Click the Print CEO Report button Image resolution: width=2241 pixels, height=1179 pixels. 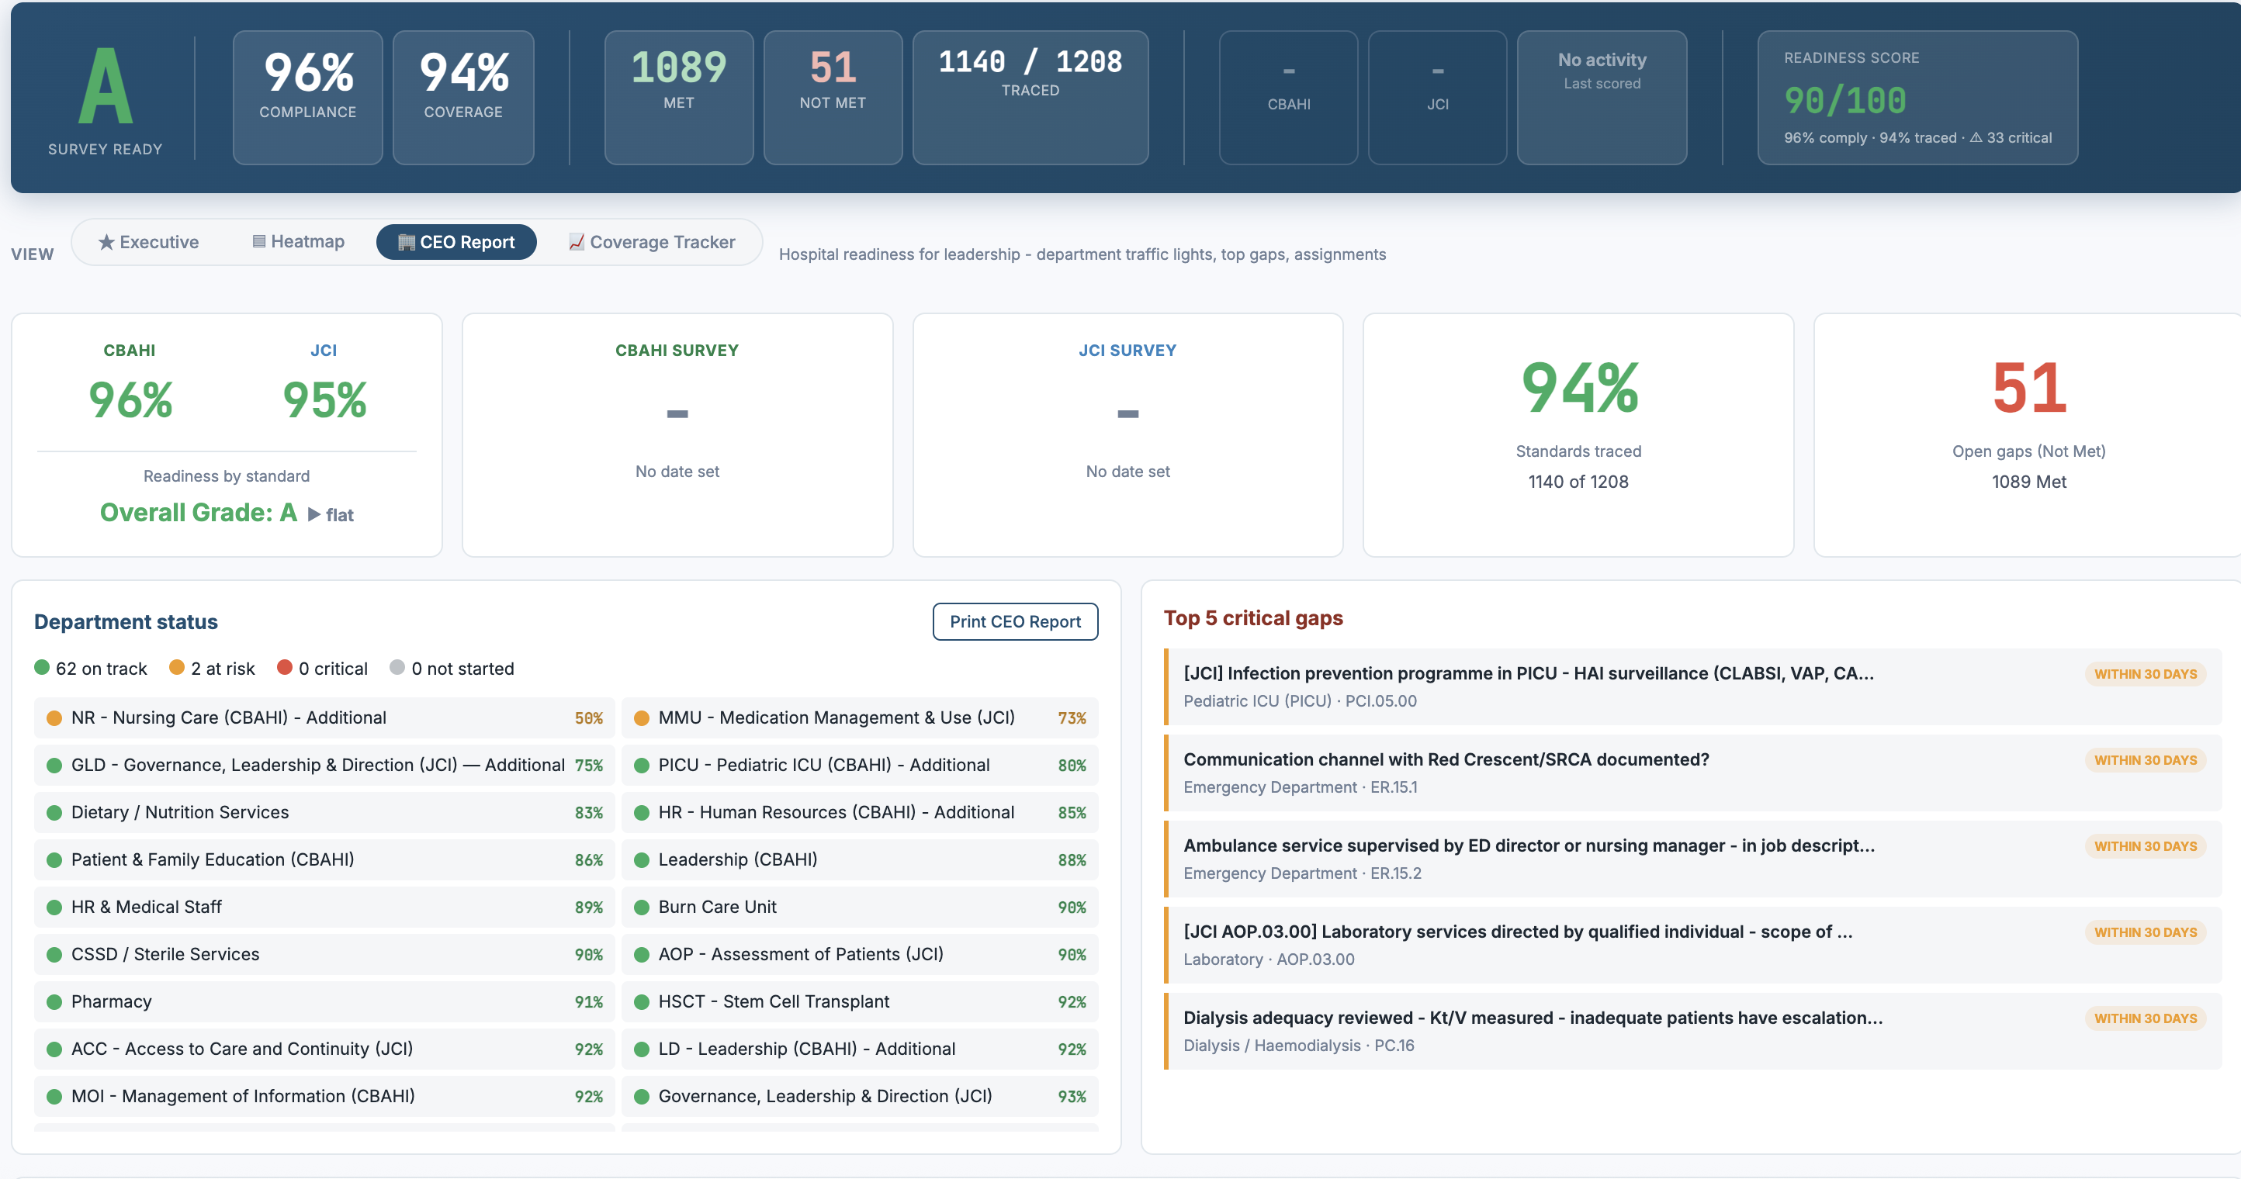pyautogui.click(x=1014, y=621)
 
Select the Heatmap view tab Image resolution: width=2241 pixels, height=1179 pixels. pyautogui.click(x=299, y=242)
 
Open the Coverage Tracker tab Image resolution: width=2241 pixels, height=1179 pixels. pyautogui.click(x=652, y=242)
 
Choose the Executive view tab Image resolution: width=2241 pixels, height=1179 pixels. pyautogui.click(x=149, y=242)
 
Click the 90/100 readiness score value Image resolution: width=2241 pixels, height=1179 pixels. pyautogui.click(x=1844, y=101)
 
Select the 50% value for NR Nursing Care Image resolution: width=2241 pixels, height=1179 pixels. pyautogui.click(x=588, y=718)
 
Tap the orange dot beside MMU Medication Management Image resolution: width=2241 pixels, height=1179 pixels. pyautogui.click(x=642, y=718)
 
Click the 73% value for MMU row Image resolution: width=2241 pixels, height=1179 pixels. pyautogui.click(x=1071, y=718)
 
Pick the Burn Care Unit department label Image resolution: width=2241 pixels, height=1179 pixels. pyautogui.click(x=717, y=907)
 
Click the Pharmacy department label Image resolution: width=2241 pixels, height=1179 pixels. pyautogui.click(x=112, y=1001)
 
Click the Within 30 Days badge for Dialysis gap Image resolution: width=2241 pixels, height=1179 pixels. pyautogui.click(x=2145, y=1018)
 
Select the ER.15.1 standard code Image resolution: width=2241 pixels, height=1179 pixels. pyautogui.click(x=1393, y=787)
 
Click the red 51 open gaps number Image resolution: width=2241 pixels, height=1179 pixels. pyautogui.click(x=2028, y=388)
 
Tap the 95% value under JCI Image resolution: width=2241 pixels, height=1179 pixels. pyautogui.click(x=324, y=400)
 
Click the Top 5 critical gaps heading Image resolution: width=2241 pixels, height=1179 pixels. pyautogui.click(x=1252, y=618)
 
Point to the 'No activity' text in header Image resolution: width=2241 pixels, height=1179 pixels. pyautogui.click(x=1602, y=60)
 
